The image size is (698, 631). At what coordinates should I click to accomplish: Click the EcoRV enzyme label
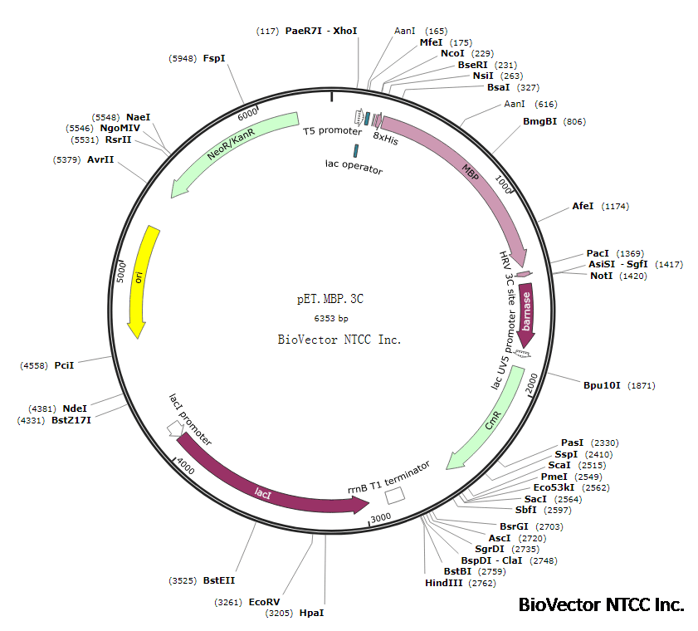click(265, 602)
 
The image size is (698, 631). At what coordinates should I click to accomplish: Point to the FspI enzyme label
click(214, 58)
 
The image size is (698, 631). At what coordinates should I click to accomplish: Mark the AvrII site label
click(100, 159)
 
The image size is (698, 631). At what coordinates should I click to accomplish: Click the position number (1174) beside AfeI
click(617, 206)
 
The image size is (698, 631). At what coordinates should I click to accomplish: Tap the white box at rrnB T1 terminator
click(395, 494)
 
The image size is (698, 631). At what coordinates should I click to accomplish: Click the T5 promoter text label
click(332, 131)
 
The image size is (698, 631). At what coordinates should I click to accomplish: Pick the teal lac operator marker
click(356, 150)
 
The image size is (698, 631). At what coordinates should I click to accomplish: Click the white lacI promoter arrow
click(175, 428)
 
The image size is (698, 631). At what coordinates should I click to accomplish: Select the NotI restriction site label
click(601, 276)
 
